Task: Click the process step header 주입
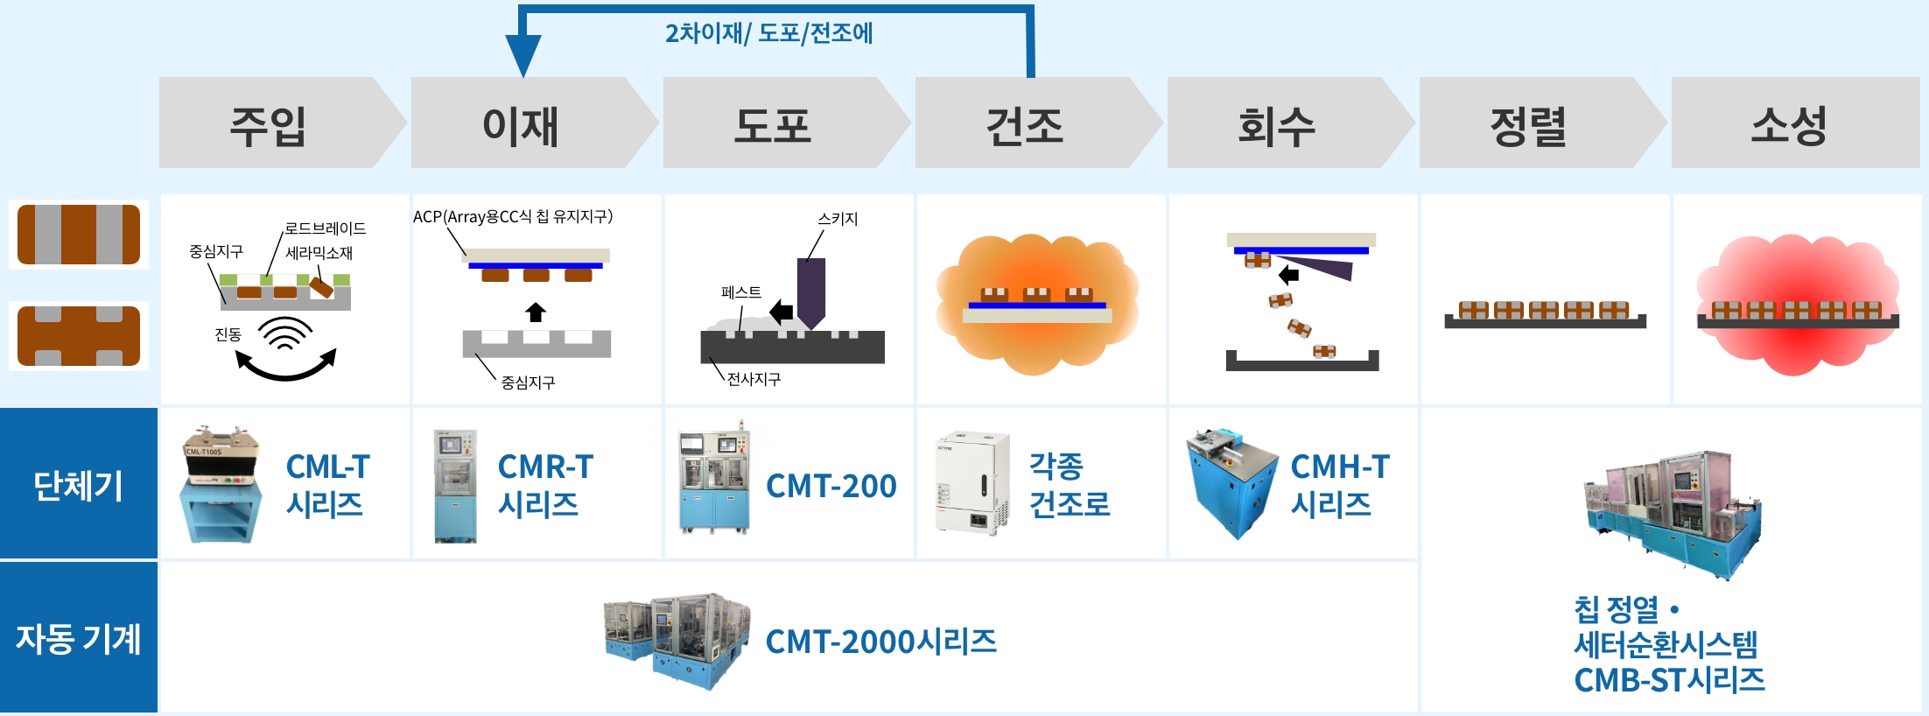pos(268,124)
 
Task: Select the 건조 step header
pos(1025,124)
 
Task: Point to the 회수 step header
pos(1277,124)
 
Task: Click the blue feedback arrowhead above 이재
pos(523,58)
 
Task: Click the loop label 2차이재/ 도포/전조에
pos(768,33)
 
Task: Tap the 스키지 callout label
pos(838,219)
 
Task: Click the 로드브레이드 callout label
pos(325,228)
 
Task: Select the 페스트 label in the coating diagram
pos(740,292)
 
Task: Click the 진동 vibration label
pos(228,334)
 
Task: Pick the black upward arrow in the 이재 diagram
pos(536,312)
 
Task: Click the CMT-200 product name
pos(831,486)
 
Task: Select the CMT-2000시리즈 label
pos(880,642)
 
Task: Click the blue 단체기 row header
pos(78,484)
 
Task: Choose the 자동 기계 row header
pos(78,639)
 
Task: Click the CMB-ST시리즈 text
pos(1669,680)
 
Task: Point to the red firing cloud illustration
pos(1797,304)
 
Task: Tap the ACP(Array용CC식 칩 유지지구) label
pos(513,216)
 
